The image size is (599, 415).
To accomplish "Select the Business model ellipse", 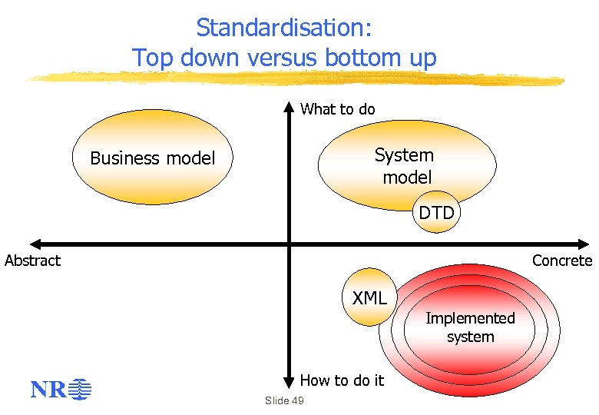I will [x=153, y=158].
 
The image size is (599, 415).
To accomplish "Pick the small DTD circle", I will [x=436, y=213].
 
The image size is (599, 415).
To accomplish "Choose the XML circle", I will [x=369, y=297].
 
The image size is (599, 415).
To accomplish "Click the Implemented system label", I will [x=470, y=327].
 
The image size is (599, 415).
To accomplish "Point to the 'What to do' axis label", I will [x=338, y=109].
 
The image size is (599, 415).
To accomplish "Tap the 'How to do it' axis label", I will [x=342, y=380].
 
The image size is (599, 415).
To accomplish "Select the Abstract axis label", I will [x=32, y=261].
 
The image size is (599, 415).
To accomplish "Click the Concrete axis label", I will [x=562, y=261].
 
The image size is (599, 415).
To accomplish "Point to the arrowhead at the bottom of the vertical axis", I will [x=289, y=382].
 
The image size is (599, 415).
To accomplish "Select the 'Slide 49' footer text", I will [x=284, y=400].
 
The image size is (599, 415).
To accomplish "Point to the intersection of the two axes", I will [x=289, y=244].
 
